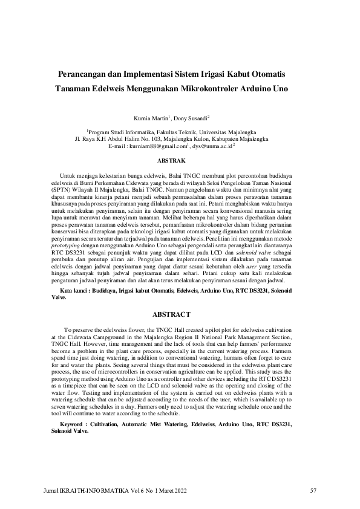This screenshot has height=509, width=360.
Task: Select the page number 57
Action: tap(313, 490)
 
